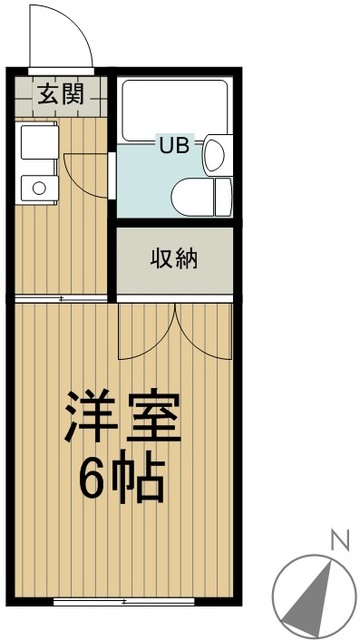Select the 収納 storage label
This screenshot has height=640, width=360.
174,260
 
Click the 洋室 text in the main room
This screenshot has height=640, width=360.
123,420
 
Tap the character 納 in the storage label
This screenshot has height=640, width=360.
187,260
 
